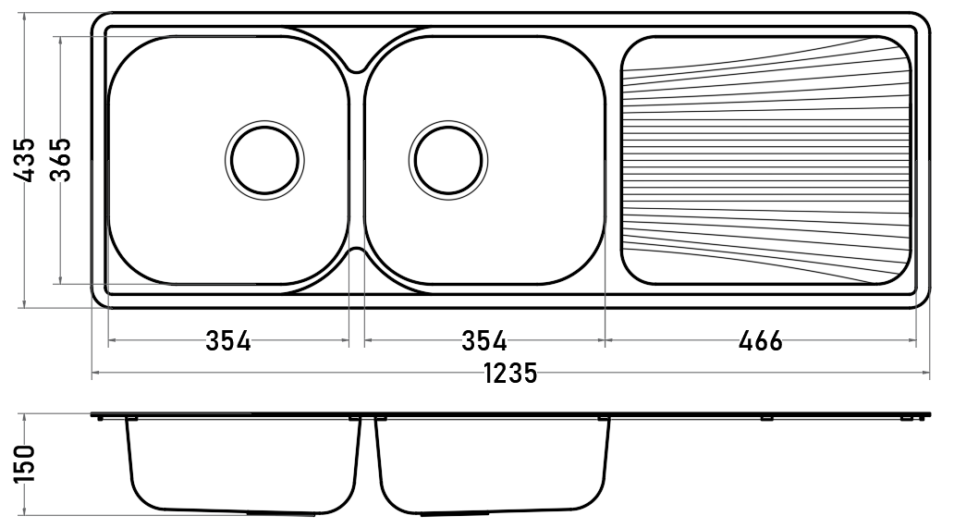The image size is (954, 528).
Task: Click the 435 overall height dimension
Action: click(x=25, y=160)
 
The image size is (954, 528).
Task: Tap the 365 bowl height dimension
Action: click(x=61, y=160)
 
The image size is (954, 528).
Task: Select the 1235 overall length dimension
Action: click(x=511, y=374)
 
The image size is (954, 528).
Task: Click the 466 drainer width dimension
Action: click(x=761, y=340)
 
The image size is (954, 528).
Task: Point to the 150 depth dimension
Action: click(x=25, y=463)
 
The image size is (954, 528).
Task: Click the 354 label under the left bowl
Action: click(x=228, y=340)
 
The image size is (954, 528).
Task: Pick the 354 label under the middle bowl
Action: click(x=484, y=340)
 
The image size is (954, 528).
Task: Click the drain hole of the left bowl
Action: click(x=264, y=161)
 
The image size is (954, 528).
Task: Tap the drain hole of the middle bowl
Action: click(x=448, y=161)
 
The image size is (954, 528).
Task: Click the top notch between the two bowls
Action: click(x=357, y=68)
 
